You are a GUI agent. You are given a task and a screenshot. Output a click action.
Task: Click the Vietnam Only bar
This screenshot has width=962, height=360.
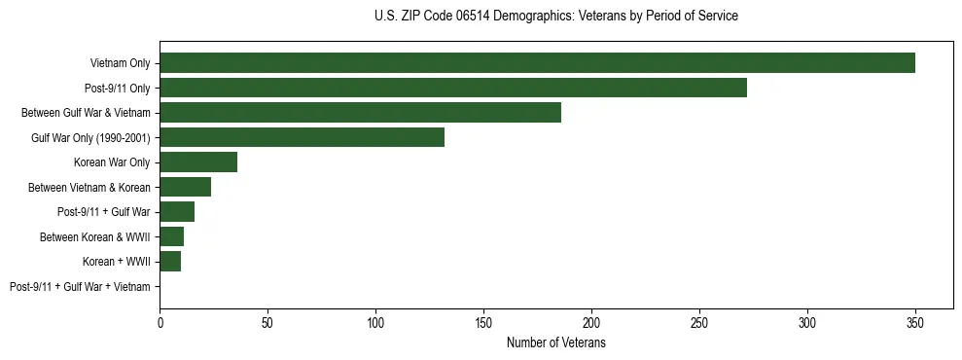pos(537,63)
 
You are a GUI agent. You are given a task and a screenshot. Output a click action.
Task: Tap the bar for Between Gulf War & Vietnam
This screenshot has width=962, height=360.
pos(360,113)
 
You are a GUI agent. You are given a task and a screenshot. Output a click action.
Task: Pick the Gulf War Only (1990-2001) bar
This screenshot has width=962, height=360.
pos(302,137)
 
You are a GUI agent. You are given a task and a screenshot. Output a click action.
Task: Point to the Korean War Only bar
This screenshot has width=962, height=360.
pos(198,162)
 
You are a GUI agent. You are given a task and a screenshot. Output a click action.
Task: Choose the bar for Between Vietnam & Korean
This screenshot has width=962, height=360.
pos(185,187)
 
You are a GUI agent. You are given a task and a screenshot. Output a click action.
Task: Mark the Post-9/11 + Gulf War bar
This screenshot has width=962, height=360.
pos(177,212)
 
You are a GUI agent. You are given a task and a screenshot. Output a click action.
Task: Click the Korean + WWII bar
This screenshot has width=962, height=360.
pos(170,262)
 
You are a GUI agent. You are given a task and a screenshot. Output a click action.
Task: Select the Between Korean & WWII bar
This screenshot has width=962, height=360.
pos(171,236)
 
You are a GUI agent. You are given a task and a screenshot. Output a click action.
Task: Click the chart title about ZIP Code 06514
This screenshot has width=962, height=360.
pos(555,17)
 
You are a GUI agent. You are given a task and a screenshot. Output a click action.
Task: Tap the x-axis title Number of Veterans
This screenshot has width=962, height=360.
pos(555,343)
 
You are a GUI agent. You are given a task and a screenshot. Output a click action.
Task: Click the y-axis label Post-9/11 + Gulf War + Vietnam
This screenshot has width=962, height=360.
pos(80,287)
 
